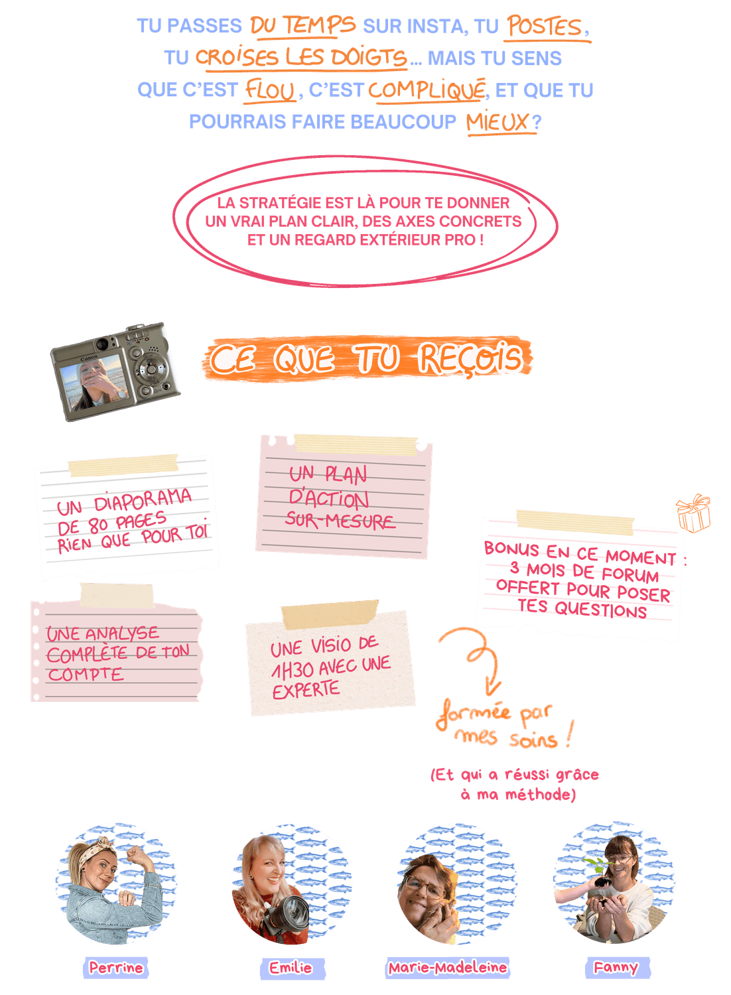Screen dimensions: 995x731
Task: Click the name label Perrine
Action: tap(116, 968)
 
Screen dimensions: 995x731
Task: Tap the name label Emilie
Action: tap(291, 968)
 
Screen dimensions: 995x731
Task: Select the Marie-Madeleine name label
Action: tap(448, 968)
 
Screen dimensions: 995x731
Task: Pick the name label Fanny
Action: tap(616, 967)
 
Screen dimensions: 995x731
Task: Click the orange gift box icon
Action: tap(693, 513)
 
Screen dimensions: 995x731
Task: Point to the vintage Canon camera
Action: tap(115, 371)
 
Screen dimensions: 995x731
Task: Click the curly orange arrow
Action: tap(473, 657)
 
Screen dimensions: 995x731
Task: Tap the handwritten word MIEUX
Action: tap(498, 122)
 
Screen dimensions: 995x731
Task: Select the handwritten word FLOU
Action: tap(269, 91)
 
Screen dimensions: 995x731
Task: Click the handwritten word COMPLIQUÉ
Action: tap(427, 90)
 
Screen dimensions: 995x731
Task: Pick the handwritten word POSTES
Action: tap(545, 27)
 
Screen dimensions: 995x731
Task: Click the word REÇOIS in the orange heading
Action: tap(470, 359)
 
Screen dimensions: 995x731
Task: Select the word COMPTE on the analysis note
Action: tap(86, 675)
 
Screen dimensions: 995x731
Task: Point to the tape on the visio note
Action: tap(329, 614)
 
